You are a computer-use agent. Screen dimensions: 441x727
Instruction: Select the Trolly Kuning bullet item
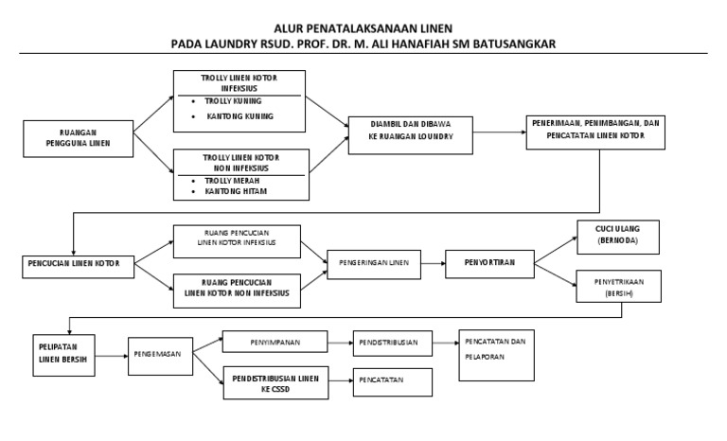click(x=235, y=100)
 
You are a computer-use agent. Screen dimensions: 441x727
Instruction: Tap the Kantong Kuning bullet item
click(x=239, y=116)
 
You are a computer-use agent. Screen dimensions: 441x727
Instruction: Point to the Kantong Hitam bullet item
click(x=236, y=191)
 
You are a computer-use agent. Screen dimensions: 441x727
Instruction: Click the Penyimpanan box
click(x=275, y=340)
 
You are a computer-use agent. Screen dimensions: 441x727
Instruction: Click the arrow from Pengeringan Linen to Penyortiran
click(x=432, y=262)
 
